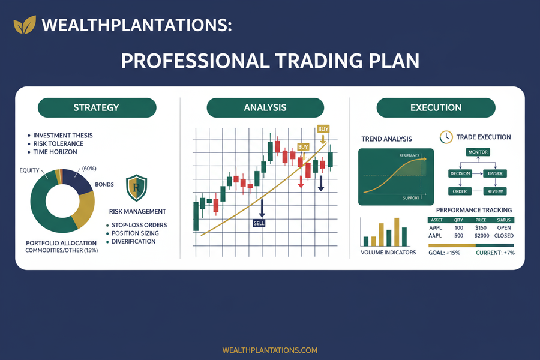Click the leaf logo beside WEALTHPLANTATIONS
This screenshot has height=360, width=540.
click(24, 26)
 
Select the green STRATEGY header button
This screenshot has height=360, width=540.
click(97, 108)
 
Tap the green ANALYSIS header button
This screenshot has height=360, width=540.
click(265, 108)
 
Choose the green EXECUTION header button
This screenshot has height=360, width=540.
click(436, 108)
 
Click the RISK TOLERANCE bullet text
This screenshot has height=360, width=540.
click(58, 144)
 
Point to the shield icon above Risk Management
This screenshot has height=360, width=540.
click(136, 188)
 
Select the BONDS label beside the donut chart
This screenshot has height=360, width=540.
click(104, 184)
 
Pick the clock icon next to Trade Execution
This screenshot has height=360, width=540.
click(446, 137)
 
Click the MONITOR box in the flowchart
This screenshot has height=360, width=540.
click(478, 152)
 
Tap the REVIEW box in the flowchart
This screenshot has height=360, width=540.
click(495, 191)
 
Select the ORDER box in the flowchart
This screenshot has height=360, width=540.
click(460, 191)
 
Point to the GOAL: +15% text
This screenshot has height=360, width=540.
click(446, 253)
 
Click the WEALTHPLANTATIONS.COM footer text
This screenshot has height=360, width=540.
click(269, 350)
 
